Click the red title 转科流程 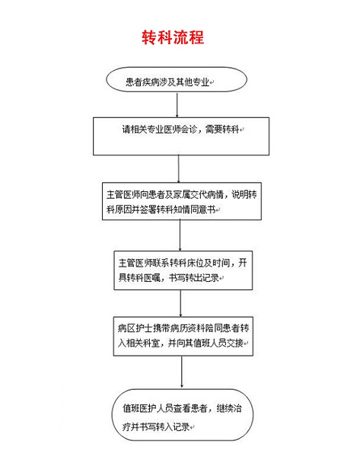point(173,37)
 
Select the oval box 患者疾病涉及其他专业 point(177,79)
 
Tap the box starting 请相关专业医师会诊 point(181,136)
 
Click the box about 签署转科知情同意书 point(181,201)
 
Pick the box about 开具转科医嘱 point(183,270)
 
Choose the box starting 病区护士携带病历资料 point(183,336)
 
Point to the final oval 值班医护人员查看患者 point(183,414)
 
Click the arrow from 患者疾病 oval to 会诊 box point(177,105)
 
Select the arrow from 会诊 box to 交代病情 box point(179,169)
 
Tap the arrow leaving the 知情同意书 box point(180,235)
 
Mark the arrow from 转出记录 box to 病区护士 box point(180,303)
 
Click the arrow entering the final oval point(182,372)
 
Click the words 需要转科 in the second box point(222,129)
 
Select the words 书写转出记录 point(194,277)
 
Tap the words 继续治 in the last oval point(229,408)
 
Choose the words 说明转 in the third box point(244,194)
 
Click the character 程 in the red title point(196,37)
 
